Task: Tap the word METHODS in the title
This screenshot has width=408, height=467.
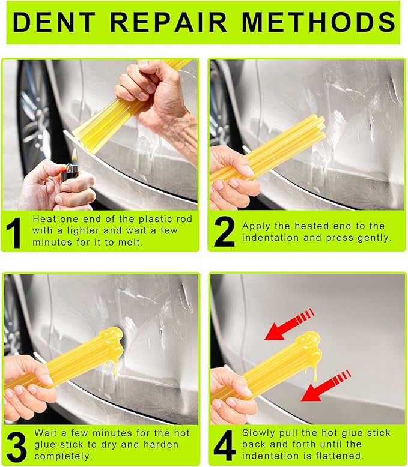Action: tap(318, 22)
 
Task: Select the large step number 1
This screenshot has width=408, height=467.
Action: tap(15, 231)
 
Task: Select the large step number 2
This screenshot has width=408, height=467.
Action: tap(224, 232)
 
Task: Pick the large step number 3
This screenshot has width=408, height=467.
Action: tap(16, 445)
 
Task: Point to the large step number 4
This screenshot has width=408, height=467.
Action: tap(224, 445)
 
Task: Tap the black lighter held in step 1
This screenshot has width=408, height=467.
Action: tap(70, 175)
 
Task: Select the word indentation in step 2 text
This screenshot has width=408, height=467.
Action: tap(270, 238)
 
